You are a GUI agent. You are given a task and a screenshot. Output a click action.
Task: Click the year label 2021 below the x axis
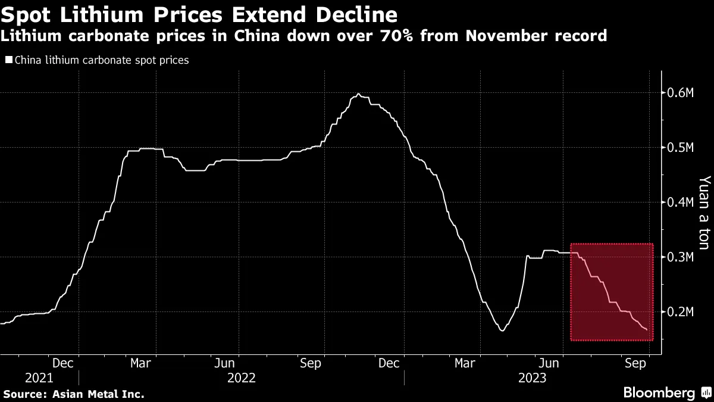39,378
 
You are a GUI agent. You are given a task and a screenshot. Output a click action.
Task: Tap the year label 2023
532,378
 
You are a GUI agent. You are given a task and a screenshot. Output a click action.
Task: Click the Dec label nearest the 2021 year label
62,363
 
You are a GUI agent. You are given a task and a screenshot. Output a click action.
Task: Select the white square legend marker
8,60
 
